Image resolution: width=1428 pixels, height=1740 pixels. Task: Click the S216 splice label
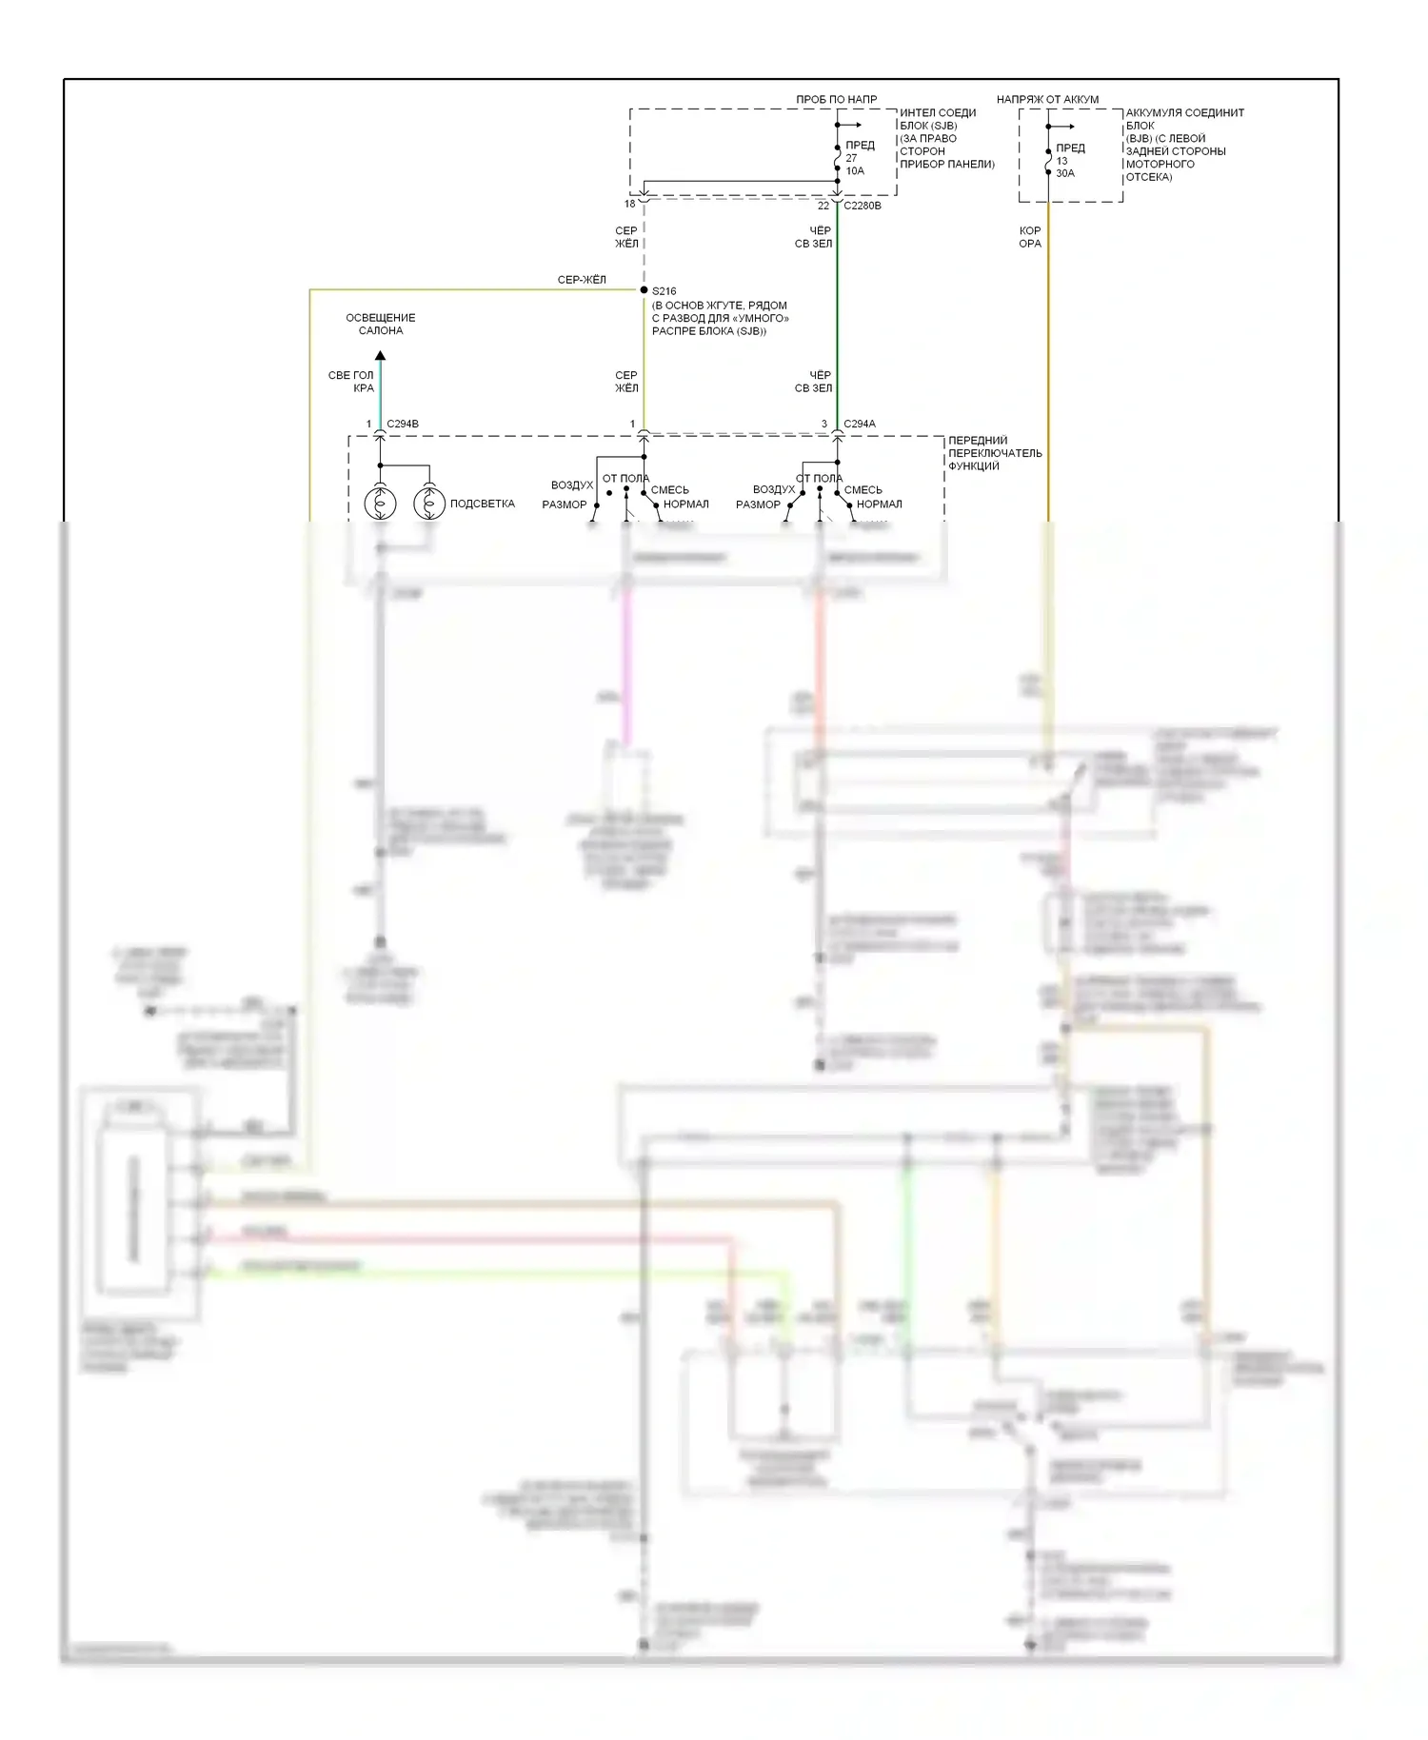pyautogui.click(x=664, y=291)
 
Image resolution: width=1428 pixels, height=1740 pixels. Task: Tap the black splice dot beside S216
pyautogui.click(x=645, y=290)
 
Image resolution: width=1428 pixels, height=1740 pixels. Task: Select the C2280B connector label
pyautogui.click(x=863, y=206)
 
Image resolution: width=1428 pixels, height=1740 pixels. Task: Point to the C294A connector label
pyautogui.click(x=860, y=424)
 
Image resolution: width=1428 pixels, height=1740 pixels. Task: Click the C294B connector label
pyautogui.click(x=403, y=424)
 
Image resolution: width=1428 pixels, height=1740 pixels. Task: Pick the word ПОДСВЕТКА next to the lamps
pyautogui.click(x=482, y=504)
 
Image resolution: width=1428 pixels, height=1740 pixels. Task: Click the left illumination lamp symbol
pyautogui.click(x=380, y=503)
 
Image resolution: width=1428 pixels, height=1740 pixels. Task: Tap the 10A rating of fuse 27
pyautogui.click(x=855, y=171)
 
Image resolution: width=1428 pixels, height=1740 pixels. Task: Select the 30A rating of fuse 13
pyautogui.click(x=1065, y=173)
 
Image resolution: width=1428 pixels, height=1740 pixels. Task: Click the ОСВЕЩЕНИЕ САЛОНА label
pyautogui.click(x=381, y=324)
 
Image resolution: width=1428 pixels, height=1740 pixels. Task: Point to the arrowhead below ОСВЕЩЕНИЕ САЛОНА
pyautogui.click(x=381, y=356)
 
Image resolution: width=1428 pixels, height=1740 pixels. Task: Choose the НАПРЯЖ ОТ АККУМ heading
pyautogui.click(x=1047, y=99)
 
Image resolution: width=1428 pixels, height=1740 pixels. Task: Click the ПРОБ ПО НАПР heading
pyautogui.click(x=837, y=99)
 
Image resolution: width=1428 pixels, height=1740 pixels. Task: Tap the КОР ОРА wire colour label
pyautogui.click(x=1030, y=237)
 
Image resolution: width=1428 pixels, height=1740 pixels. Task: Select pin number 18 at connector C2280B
pyautogui.click(x=629, y=205)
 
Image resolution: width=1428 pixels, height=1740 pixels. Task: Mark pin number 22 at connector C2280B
pyautogui.click(x=823, y=206)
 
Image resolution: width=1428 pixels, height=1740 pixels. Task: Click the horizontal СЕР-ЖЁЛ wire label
pyautogui.click(x=582, y=280)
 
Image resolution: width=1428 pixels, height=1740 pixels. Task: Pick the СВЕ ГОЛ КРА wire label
pyautogui.click(x=352, y=382)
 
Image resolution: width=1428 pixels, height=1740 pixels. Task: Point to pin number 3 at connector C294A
pyautogui.click(x=824, y=425)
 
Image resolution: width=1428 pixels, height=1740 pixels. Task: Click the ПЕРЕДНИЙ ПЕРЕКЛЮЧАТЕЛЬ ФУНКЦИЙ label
pyautogui.click(x=995, y=453)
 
